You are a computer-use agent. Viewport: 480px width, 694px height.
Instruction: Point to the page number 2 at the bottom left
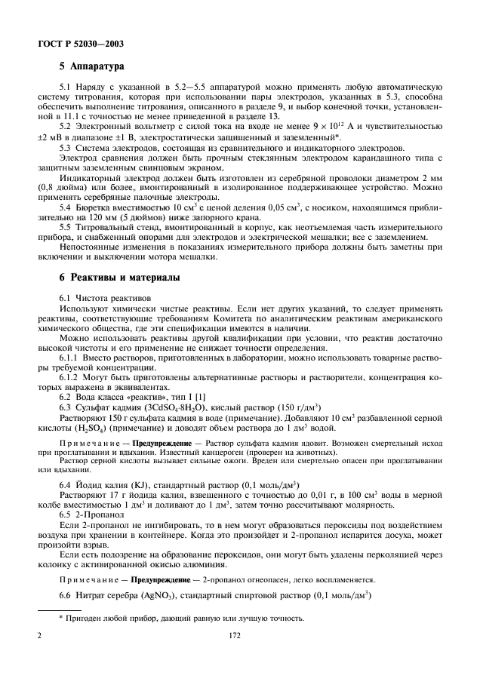(38, 657)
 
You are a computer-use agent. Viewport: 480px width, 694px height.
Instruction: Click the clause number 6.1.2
(70, 375)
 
